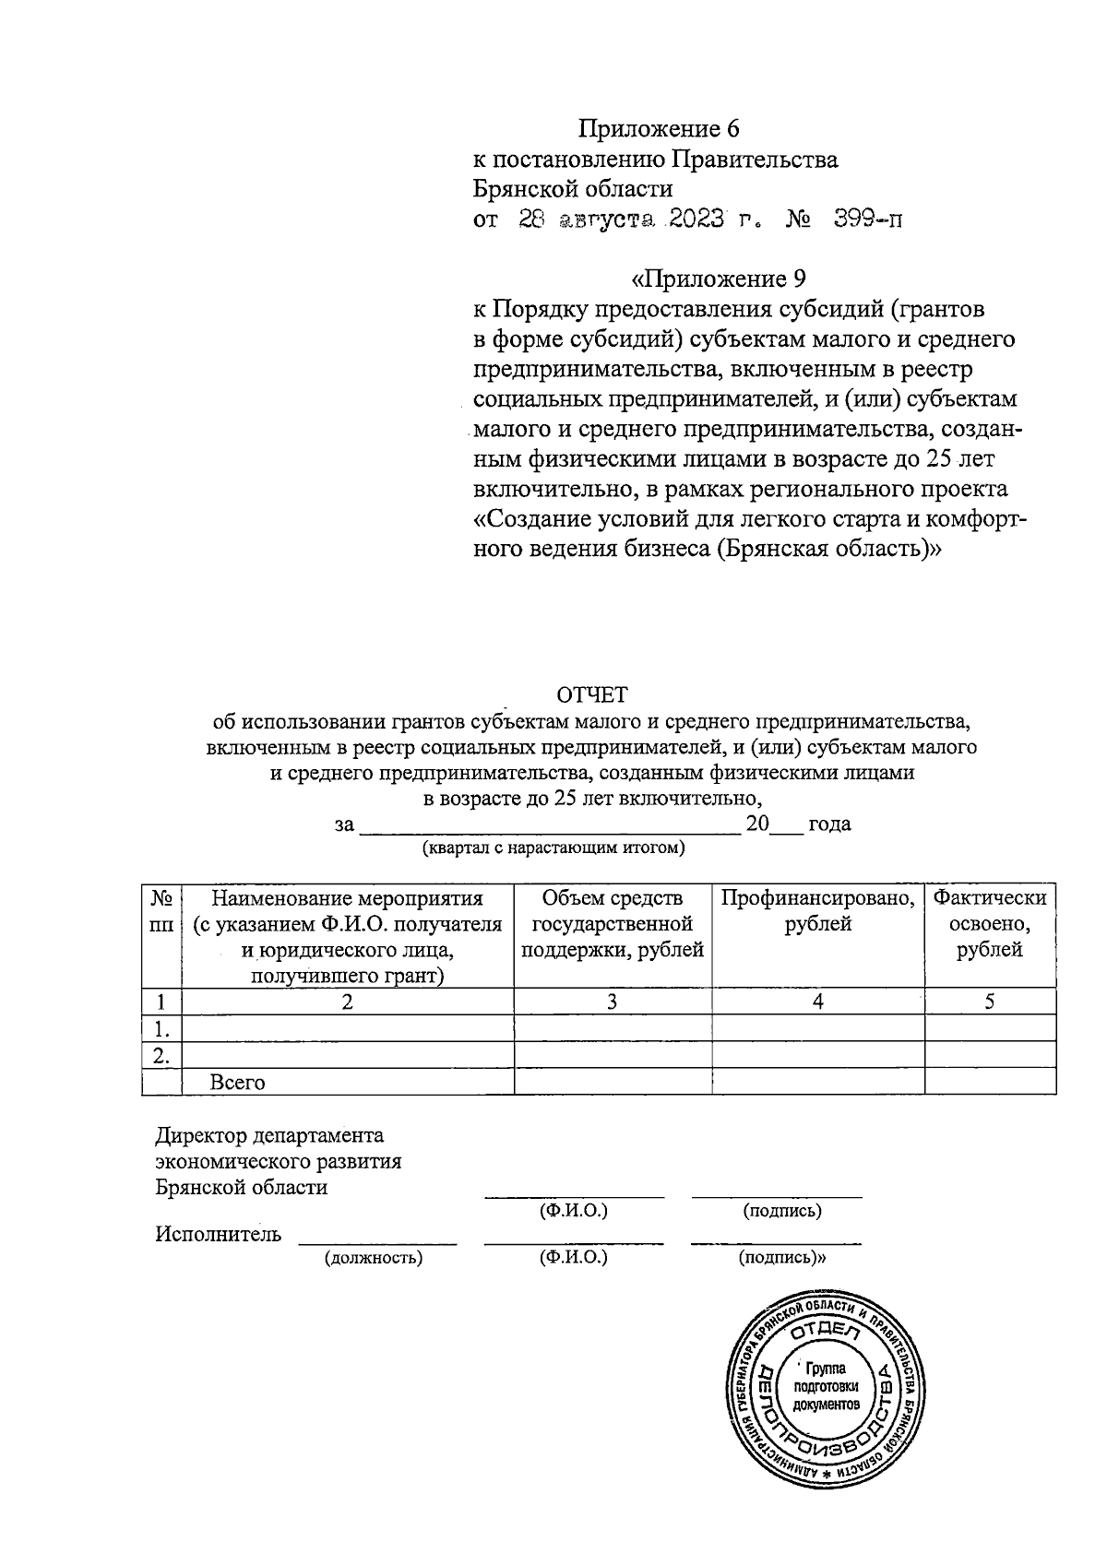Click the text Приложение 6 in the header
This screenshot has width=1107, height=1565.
tap(659, 128)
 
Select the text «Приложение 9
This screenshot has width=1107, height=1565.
tap(720, 279)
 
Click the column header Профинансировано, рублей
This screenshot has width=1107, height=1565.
tap(817, 911)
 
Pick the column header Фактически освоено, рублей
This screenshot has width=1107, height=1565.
tap(989, 924)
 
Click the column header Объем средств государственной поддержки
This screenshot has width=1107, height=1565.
tap(613, 924)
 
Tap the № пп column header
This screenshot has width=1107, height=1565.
tap(161, 911)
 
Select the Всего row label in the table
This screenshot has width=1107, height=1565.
tap(238, 1083)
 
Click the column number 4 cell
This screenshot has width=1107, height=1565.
tap(817, 1002)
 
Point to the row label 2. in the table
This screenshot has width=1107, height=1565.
tap(161, 1055)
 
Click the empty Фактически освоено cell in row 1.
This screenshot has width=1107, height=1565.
tap(989, 1028)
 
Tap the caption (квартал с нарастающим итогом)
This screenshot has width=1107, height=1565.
tap(553, 848)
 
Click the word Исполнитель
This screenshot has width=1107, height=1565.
tap(218, 1234)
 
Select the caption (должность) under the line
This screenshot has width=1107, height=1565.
tap(373, 1258)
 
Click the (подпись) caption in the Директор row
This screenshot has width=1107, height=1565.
tap(782, 1211)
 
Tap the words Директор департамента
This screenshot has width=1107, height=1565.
tap(269, 1135)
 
